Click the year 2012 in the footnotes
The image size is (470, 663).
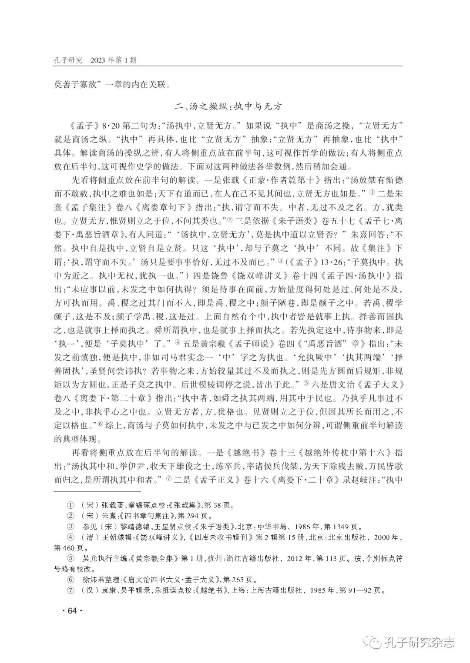tap(296, 558)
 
